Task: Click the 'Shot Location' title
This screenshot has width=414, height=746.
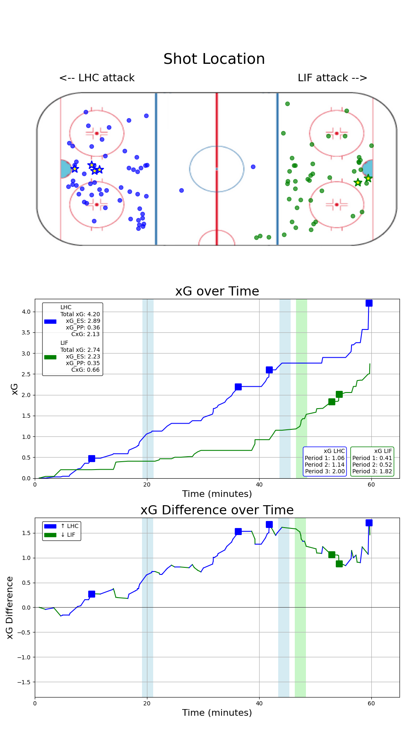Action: (x=214, y=59)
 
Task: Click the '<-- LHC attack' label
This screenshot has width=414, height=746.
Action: (x=97, y=78)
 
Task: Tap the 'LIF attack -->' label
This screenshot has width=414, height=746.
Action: (x=332, y=78)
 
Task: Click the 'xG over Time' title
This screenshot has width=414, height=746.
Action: (x=217, y=291)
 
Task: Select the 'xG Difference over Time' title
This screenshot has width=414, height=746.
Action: (x=217, y=510)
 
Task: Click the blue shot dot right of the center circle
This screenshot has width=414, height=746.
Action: (x=253, y=167)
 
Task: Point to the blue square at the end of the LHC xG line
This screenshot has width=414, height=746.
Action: (x=369, y=303)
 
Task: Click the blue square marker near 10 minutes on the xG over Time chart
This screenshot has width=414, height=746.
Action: (x=91, y=458)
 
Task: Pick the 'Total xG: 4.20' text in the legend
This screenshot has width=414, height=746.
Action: (x=80, y=314)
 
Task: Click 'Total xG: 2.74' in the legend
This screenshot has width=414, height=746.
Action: (x=80, y=350)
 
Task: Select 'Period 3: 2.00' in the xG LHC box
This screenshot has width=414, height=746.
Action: (x=325, y=471)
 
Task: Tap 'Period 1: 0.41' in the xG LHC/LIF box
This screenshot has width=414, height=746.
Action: (x=372, y=458)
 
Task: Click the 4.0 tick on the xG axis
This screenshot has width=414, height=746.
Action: (x=26, y=312)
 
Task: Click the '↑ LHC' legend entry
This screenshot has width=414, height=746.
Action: (x=70, y=526)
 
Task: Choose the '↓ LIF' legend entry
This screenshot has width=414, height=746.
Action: (x=68, y=535)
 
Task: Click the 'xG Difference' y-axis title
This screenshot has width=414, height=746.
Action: (x=10, y=608)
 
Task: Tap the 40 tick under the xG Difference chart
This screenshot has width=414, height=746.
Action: (x=259, y=703)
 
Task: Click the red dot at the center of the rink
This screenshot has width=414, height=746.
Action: (x=217, y=169)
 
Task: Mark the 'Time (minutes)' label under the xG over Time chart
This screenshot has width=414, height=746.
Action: (x=217, y=494)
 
